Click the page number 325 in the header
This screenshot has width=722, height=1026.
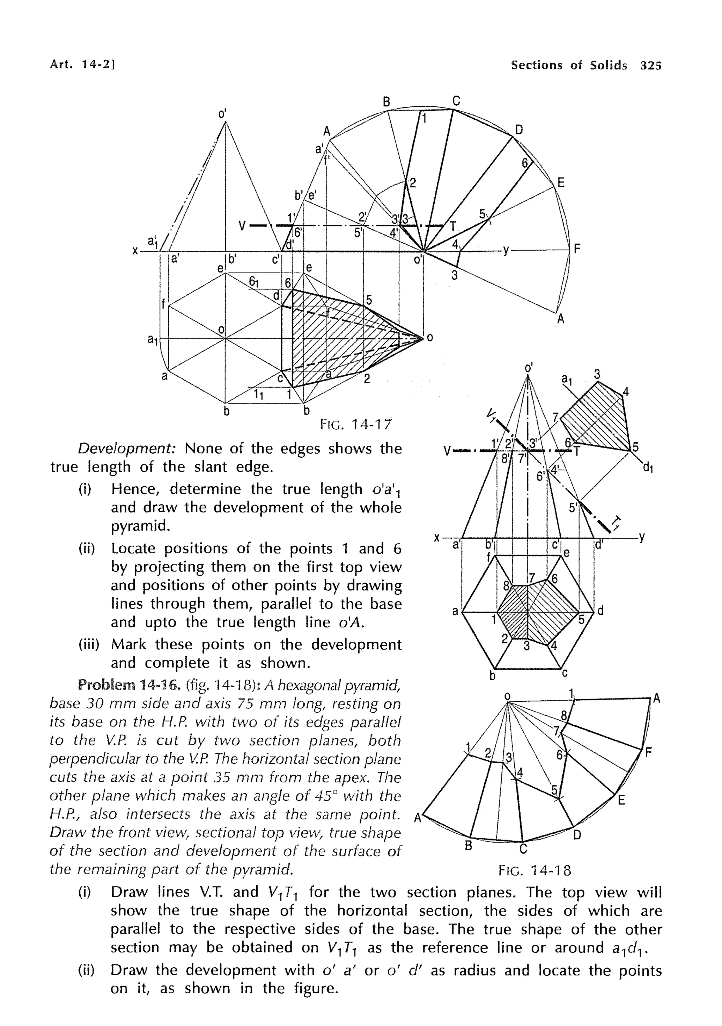click(x=650, y=66)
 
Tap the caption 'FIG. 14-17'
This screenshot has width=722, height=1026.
click(x=356, y=424)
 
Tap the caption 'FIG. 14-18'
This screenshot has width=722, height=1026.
click(x=535, y=870)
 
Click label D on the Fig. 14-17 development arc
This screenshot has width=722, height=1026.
click(x=519, y=130)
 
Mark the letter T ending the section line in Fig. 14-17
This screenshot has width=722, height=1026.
click(x=453, y=226)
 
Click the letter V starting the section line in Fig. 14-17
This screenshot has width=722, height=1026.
click(x=241, y=226)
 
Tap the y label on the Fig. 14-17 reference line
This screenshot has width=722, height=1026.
click(x=506, y=251)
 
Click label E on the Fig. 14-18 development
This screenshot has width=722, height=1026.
click(x=621, y=800)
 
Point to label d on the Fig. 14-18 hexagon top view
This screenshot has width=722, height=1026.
click(x=600, y=611)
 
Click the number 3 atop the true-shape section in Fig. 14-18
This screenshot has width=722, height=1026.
click(x=597, y=374)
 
